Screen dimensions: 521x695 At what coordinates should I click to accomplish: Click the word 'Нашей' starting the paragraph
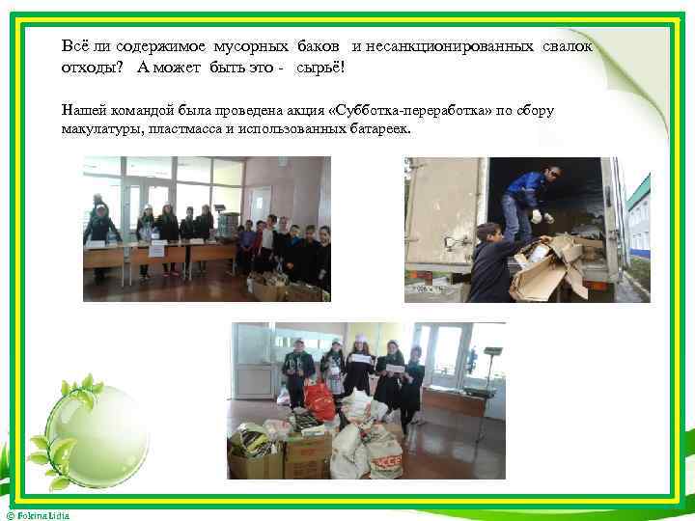click(x=83, y=110)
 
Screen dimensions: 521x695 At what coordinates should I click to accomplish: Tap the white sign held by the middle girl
click(x=359, y=361)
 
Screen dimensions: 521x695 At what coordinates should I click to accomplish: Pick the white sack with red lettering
click(x=385, y=459)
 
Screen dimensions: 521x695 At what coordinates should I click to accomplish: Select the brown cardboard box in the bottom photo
click(x=307, y=455)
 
